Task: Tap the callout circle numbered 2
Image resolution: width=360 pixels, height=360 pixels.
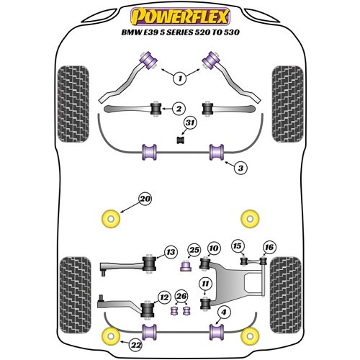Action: [x=177, y=109]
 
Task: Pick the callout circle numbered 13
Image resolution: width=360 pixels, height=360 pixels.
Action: [x=171, y=251]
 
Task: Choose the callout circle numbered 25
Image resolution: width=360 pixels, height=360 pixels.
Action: [x=193, y=250]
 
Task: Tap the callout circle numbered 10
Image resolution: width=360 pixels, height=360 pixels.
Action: [x=213, y=248]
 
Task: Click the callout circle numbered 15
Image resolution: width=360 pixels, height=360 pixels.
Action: [x=237, y=247]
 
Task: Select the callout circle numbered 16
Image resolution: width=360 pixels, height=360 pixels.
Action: [x=269, y=247]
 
